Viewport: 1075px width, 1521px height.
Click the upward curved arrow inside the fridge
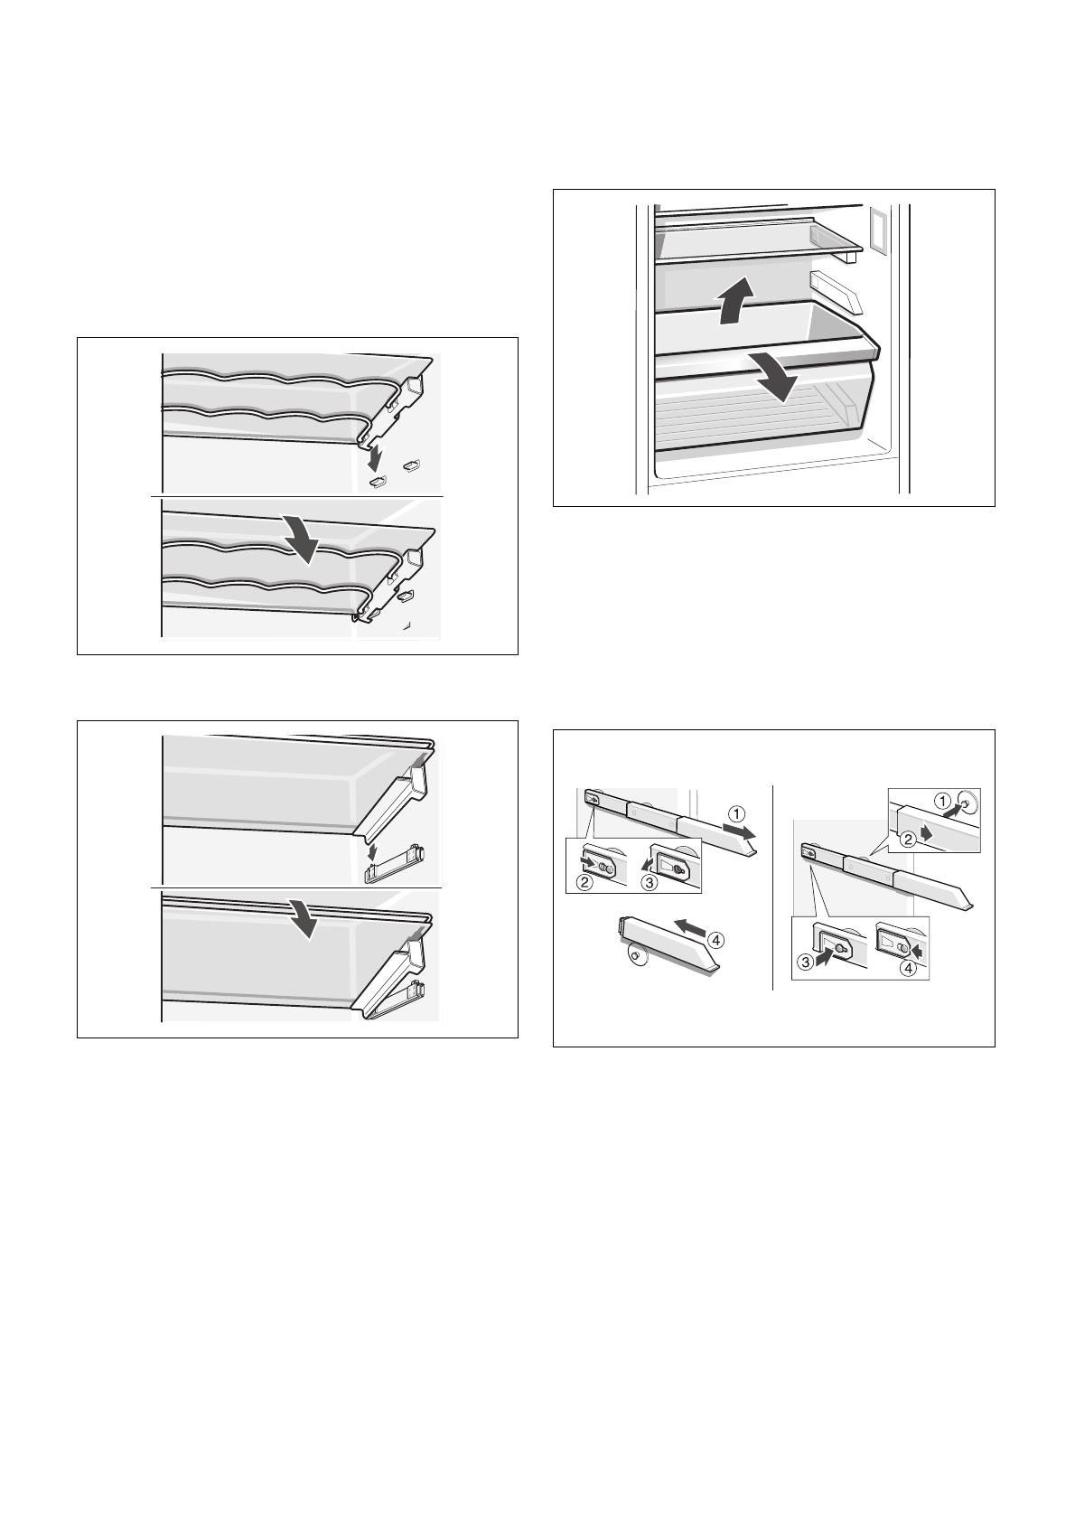coord(734,301)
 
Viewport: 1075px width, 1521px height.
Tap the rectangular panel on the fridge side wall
coord(877,230)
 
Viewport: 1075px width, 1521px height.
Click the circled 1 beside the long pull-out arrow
coord(737,813)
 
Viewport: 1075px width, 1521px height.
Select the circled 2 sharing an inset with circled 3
coord(583,884)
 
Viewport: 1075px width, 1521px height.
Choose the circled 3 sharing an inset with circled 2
coord(650,884)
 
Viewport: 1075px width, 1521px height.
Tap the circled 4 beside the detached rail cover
coord(715,940)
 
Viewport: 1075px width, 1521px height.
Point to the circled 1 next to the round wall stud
coord(942,802)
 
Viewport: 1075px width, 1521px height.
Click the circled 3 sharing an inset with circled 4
coord(805,962)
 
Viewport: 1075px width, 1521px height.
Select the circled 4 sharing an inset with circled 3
coord(909,968)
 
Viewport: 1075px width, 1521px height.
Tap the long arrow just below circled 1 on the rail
coord(738,831)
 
